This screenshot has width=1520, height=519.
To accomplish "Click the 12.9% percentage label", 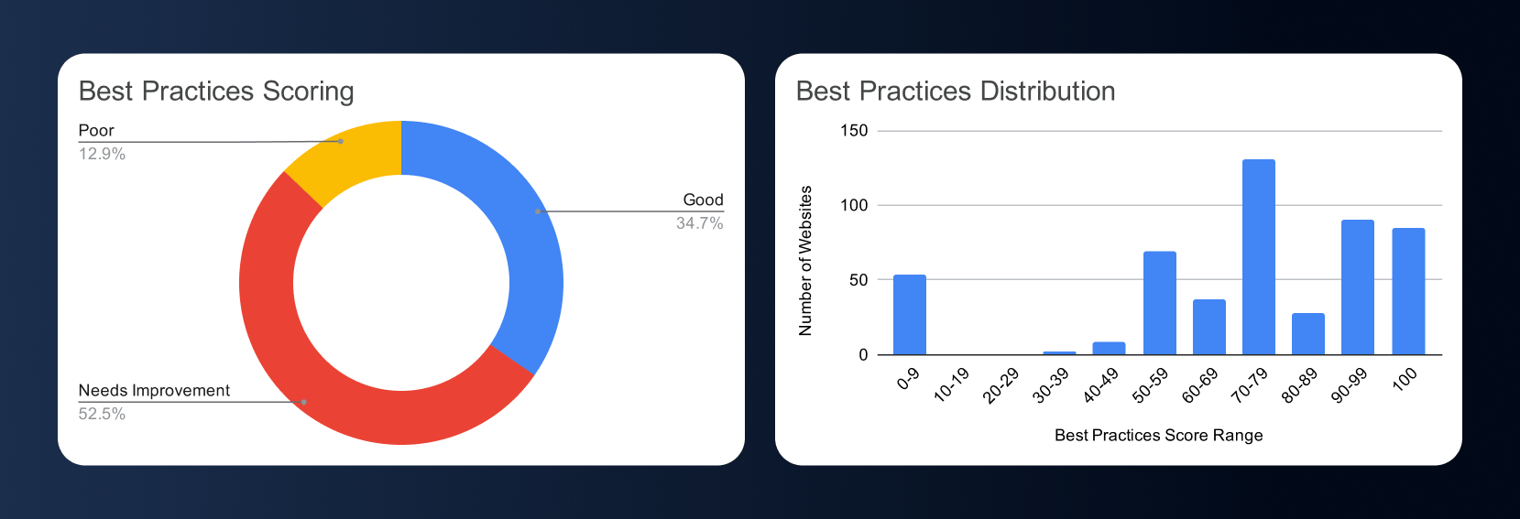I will coord(102,154).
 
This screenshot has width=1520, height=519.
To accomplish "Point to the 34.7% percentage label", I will coord(699,223).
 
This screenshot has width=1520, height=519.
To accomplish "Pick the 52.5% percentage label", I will coord(102,414).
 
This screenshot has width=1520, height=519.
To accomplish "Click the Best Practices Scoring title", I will coord(216,92).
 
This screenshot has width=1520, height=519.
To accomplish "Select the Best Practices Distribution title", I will coord(956,92).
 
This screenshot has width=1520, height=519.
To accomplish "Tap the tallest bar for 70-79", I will coord(1258,257).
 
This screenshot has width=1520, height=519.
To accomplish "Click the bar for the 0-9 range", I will coord(909,315).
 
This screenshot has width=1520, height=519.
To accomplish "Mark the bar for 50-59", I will coord(1159,303).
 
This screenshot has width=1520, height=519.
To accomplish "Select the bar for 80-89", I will coord(1307,334).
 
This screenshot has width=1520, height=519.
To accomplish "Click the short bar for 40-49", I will coord(1109,349).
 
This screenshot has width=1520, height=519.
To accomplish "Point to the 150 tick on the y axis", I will coord(854,131).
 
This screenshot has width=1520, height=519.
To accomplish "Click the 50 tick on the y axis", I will coord(858,280).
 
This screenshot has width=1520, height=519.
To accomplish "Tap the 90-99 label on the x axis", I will coord(1349,385).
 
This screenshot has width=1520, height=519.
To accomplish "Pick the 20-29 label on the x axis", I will coord(1001,385).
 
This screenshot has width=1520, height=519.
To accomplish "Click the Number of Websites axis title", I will coord(805,261).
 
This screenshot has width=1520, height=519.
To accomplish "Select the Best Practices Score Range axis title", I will coord(1158,436).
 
